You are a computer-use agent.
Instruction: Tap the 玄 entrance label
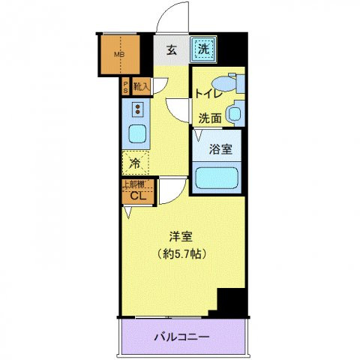172,50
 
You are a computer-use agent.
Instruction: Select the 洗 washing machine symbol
203,49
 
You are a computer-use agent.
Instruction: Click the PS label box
126,86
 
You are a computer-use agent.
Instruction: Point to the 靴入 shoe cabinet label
141,86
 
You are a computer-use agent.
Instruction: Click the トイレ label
208,94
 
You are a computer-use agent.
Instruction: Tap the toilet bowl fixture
226,83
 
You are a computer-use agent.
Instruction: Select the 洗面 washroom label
210,118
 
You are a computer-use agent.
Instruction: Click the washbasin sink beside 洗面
235,115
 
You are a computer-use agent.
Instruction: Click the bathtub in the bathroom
217,178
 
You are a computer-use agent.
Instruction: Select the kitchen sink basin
137,134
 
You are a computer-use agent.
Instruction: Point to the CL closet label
136,196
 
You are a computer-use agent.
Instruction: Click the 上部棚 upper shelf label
135,184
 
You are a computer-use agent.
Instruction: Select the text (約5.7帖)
182,253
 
